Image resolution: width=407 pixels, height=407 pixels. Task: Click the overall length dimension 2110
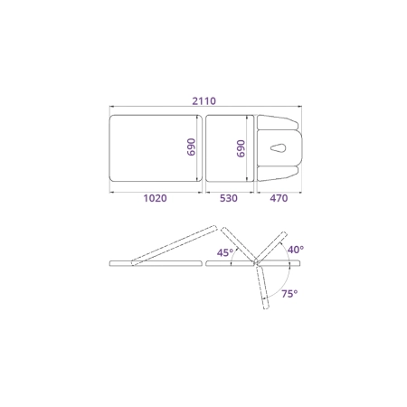[204, 101]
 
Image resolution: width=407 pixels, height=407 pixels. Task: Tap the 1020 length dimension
[155, 198]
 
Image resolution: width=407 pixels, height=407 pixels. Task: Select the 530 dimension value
[229, 198]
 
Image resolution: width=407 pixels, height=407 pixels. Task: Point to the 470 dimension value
[279, 198]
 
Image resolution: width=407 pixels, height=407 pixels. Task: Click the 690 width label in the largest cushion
[191, 147]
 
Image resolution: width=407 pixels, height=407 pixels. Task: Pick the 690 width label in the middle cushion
[241, 148]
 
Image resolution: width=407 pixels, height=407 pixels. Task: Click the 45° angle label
[225, 252]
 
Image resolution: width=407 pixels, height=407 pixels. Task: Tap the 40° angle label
[296, 250]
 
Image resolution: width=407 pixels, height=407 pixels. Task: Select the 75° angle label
[289, 294]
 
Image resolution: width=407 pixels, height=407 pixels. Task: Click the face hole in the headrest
[279, 148]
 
